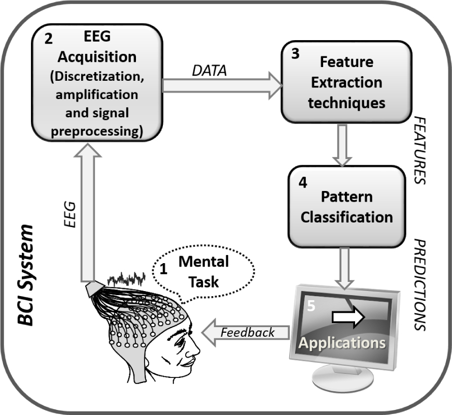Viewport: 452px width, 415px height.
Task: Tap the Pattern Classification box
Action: point(346,207)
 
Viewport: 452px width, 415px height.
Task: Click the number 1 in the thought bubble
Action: point(163,270)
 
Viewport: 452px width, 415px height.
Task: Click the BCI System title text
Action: point(25,274)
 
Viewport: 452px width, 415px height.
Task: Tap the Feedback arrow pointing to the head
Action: point(246,333)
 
